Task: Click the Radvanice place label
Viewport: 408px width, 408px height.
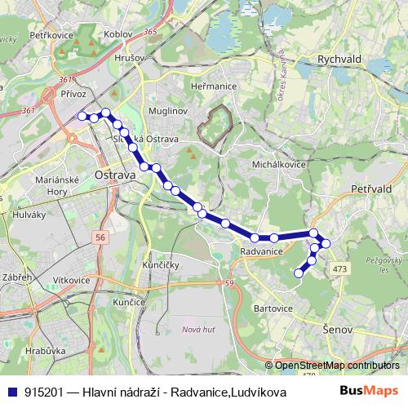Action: (x=261, y=251)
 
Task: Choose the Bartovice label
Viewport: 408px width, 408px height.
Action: (x=273, y=308)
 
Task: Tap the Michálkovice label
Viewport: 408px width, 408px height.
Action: (x=279, y=164)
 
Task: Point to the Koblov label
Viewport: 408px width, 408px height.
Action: (x=118, y=34)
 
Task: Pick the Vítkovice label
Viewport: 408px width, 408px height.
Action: (x=72, y=280)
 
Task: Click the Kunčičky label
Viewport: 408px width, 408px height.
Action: (x=160, y=266)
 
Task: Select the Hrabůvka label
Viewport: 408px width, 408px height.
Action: (x=45, y=350)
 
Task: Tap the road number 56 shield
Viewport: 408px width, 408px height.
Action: (x=100, y=237)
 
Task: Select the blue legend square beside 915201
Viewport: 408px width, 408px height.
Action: (x=12, y=392)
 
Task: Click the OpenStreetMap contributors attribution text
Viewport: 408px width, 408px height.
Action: (x=336, y=366)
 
